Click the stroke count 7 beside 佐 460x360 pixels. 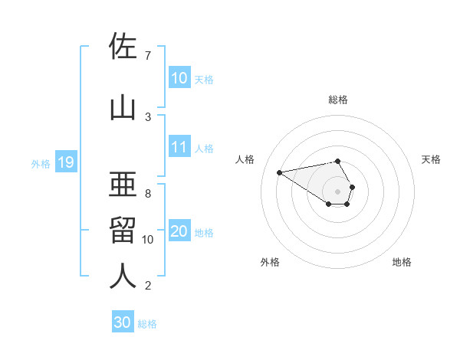coord(147,56)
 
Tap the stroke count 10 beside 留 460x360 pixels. coord(149,240)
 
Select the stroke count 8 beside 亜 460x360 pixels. coord(147,194)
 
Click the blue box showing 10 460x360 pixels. coord(179,78)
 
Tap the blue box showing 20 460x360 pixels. coord(179,231)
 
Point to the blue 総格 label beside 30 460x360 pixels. coord(147,324)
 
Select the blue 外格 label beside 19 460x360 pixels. coord(41,163)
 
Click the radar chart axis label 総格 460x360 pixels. coord(338,100)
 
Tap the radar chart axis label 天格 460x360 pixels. coord(431,159)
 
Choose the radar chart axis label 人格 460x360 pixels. coord(245,159)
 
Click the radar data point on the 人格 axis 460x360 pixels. coord(280,172)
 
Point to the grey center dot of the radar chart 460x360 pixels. coord(338,191)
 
